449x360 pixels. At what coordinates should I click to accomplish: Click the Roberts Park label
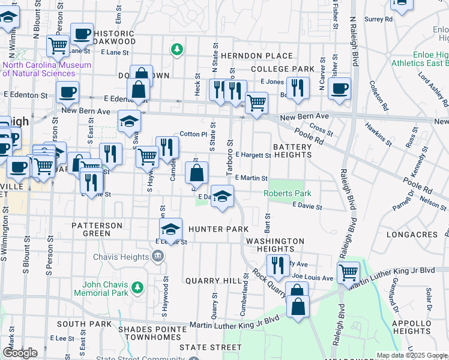pyautogui.click(x=288, y=194)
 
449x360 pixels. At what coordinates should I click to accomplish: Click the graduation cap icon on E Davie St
pyautogui.click(x=222, y=196)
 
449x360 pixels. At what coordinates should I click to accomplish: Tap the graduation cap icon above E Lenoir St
pyautogui.click(x=170, y=229)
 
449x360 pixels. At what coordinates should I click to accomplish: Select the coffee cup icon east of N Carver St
pyautogui.click(x=339, y=88)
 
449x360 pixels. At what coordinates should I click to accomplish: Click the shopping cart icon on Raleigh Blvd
pyautogui.click(x=348, y=272)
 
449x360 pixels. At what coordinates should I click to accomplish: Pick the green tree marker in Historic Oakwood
pyautogui.click(x=177, y=49)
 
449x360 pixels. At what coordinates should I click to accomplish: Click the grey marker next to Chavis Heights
pyautogui.click(x=158, y=257)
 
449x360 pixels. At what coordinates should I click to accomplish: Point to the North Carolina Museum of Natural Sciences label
pyautogui.click(x=47, y=69)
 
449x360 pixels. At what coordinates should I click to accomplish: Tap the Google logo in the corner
pyautogui.click(x=19, y=353)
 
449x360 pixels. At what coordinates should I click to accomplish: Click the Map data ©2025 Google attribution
pyautogui.click(x=411, y=355)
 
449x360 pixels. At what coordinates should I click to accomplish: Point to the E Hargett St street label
pyautogui.click(x=253, y=155)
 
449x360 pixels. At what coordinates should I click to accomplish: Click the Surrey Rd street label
pyautogui.click(x=378, y=19)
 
